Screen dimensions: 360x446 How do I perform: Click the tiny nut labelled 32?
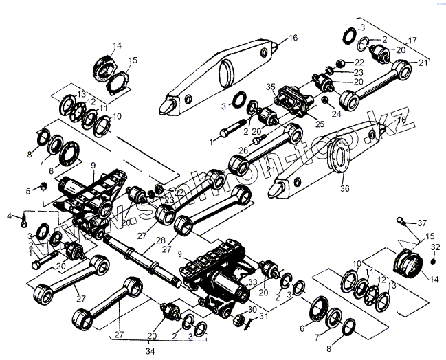pos(434,260)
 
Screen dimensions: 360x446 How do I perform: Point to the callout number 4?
pos(10,216)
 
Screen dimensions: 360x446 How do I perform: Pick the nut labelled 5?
pos(43,185)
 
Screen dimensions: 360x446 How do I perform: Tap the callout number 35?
pos(270,88)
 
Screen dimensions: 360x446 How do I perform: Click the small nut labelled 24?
pos(324,100)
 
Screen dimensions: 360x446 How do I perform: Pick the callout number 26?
pos(244,150)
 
